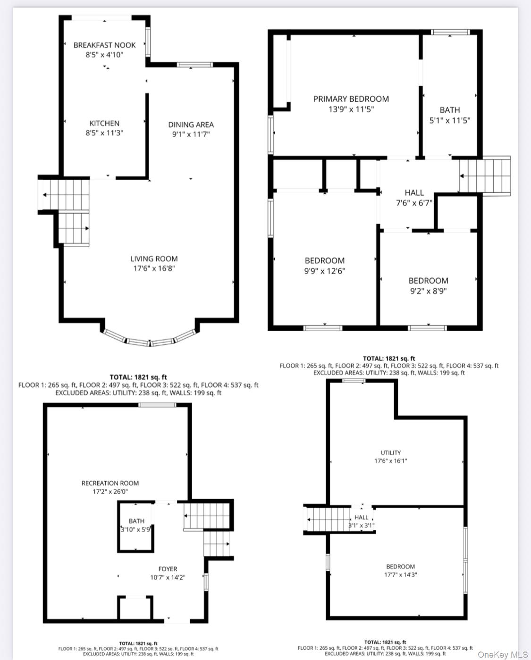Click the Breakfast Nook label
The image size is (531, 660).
(x=104, y=45)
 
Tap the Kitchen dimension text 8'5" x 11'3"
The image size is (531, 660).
(x=104, y=133)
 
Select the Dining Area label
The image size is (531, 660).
(x=191, y=125)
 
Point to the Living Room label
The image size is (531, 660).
(x=154, y=259)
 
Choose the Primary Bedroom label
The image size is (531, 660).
(x=351, y=99)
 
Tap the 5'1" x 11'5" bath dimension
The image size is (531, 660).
(x=449, y=120)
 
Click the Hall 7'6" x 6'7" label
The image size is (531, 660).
(x=414, y=198)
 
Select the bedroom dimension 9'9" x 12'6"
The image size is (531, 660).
(x=325, y=271)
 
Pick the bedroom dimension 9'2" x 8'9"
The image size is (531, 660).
(x=428, y=291)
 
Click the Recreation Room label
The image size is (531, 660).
(x=110, y=483)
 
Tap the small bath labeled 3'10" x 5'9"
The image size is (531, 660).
(x=136, y=526)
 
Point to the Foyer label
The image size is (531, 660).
(x=168, y=569)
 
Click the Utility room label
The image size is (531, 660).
(x=390, y=452)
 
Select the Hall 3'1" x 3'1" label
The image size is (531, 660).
(x=362, y=521)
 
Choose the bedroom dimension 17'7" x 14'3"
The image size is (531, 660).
(x=400, y=575)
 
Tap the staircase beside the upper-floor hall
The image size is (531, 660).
(x=485, y=175)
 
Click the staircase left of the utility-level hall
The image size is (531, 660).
(x=329, y=518)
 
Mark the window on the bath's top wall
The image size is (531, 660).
(x=451, y=32)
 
